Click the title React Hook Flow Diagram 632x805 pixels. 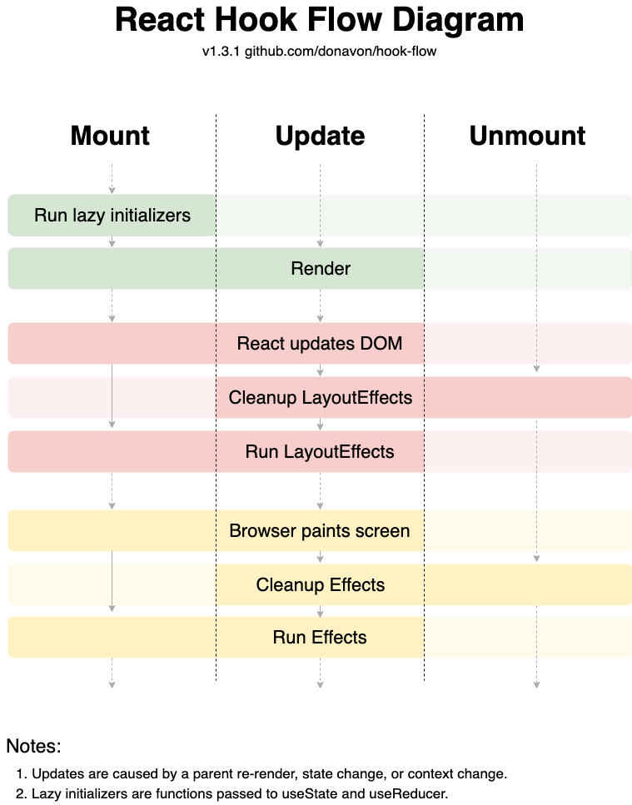click(320, 20)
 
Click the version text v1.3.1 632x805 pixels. click(221, 52)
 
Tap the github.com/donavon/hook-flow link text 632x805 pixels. click(341, 52)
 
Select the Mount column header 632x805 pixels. click(110, 136)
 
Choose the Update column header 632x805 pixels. click(320, 137)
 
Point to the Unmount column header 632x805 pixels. click(527, 136)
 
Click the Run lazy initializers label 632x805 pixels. click(112, 216)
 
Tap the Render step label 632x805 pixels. click(321, 269)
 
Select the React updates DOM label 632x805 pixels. click(320, 344)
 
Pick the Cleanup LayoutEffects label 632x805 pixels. click(321, 398)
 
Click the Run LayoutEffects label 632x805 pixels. click(320, 452)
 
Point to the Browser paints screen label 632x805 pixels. click(320, 531)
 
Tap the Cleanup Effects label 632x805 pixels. click(321, 584)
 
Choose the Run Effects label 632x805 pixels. click(320, 638)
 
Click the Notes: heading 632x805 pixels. click(33, 747)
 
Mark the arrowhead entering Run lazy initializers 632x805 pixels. click(112, 191)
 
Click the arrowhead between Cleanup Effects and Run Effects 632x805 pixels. click(321, 613)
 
